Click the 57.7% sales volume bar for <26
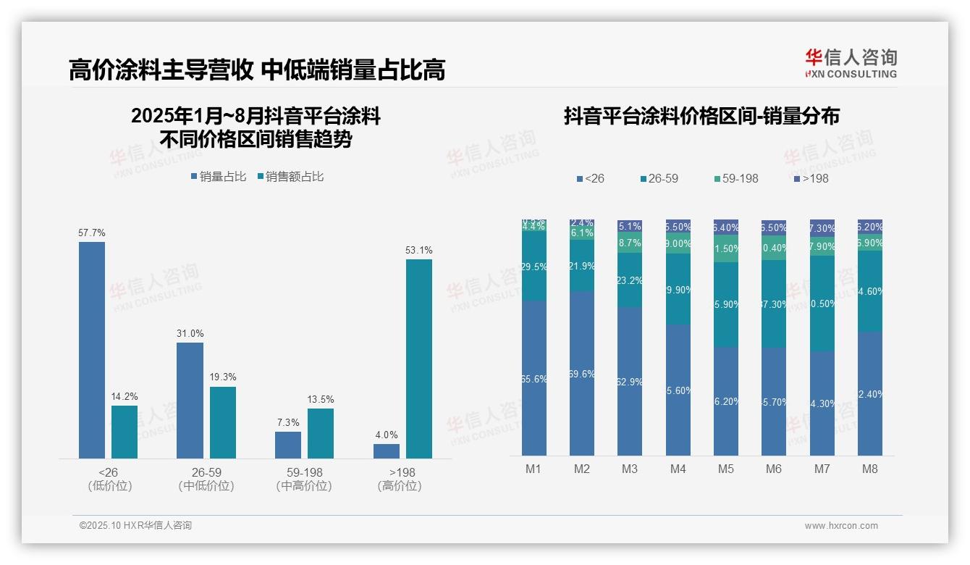[91, 350]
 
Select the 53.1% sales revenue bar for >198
[418, 359]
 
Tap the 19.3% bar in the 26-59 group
[223, 422]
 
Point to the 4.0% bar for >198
[387, 451]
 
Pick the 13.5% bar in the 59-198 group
[320, 433]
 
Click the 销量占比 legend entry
[219, 177]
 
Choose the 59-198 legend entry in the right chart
[735, 178]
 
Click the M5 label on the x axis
[725, 469]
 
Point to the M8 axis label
[869, 469]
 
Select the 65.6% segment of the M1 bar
[533, 378]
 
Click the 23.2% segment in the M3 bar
[630, 280]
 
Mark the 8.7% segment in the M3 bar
[630, 243]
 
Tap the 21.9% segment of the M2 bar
[581, 266]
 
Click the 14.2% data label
[125, 396]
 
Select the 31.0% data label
[190, 333]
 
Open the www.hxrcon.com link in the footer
[841, 526]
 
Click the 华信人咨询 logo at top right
[851, 63]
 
